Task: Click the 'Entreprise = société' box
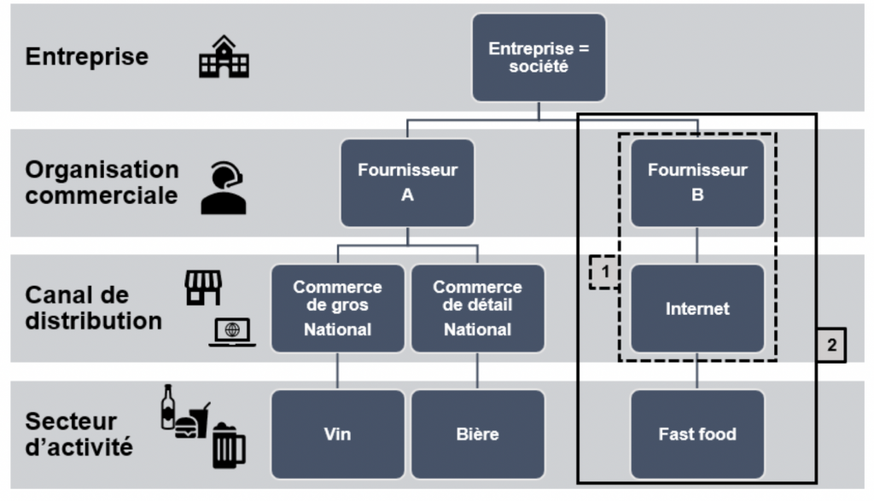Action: pos(539,57)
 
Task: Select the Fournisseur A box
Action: pos(407,183)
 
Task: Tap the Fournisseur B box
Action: pos(697,183)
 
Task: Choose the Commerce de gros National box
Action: pos(338,308)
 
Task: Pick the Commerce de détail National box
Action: pos(477,308)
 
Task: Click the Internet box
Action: pos(697,308)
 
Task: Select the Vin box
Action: pos(338,434)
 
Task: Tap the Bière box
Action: pos(477,434)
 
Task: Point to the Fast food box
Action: pos(697,434)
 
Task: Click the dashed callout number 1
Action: pos(604,272)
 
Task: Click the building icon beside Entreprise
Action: pos(224,57)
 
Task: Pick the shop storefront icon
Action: pos(203,288)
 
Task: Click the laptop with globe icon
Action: pos(232,332)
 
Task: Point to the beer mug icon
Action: pos(228,446)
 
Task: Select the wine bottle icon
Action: pos(168,406)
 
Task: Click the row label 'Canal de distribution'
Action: pos(93,308)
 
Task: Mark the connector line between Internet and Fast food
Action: pos(697,371)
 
